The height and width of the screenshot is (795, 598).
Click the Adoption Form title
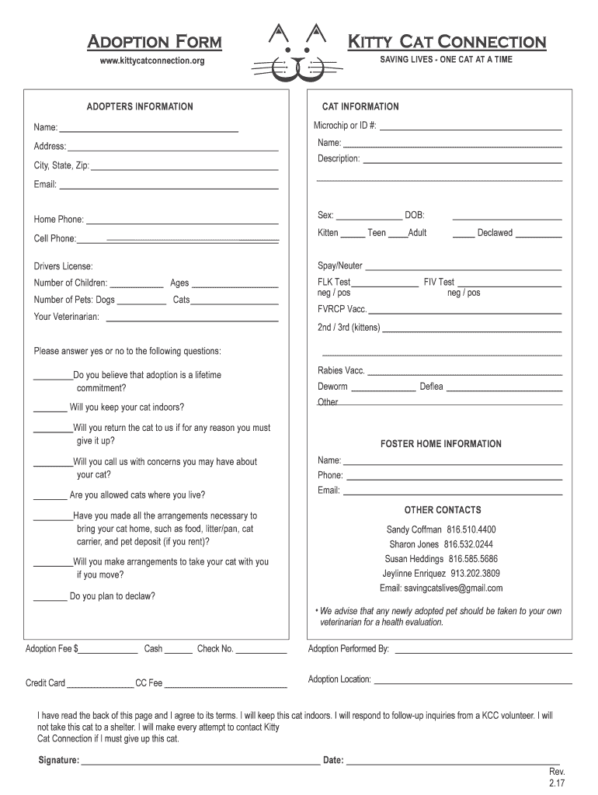click(154, 41)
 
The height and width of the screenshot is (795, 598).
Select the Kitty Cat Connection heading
click(446, 41)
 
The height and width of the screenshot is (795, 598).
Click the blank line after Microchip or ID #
click(471, 127)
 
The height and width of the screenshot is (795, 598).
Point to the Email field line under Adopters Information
click(169, 187)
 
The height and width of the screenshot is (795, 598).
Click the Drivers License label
click(63, 266)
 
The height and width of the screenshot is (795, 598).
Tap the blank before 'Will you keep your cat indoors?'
click(50, 409)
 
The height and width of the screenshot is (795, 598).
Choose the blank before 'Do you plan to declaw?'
click(50, 599)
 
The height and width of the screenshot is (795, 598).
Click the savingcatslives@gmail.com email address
click(452, 588)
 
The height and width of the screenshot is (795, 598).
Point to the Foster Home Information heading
click(440, 444)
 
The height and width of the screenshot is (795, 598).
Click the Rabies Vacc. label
click(341, 370)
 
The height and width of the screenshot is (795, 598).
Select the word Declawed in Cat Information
click(495, 233)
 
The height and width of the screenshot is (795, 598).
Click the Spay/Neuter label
click(339, 266)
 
